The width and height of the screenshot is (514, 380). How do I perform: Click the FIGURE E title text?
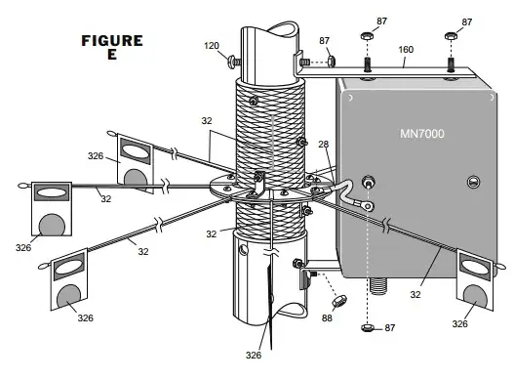pos(112,47)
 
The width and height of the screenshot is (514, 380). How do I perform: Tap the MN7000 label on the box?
pos(422,134)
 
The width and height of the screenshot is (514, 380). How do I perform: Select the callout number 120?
pos(212,46)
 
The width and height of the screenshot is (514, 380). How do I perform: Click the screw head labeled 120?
pos(232,63)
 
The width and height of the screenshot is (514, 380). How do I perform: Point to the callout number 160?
pos(406,50)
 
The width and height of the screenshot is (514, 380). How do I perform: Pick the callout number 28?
pos(324,144)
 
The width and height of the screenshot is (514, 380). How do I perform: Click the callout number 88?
pos(327,317)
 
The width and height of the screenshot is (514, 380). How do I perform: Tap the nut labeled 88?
pos(339,300)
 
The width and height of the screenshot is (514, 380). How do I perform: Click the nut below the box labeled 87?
pos(368,327)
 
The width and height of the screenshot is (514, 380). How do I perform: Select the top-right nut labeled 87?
pos(451,36)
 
